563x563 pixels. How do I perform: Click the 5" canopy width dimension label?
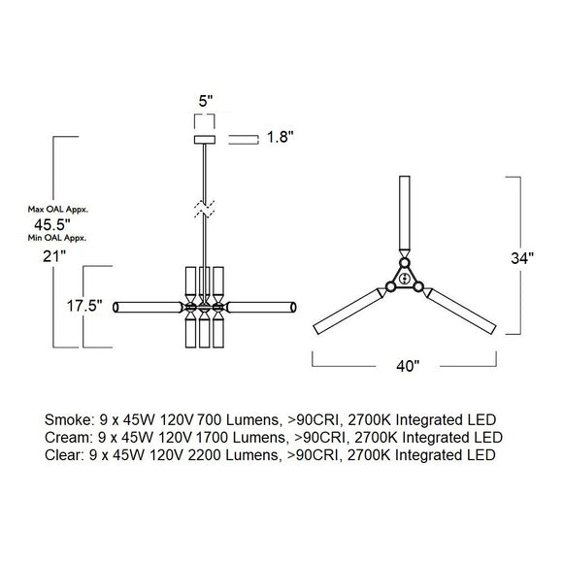206,101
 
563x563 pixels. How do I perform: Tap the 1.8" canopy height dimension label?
281,137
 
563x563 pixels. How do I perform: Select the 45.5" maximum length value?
51,225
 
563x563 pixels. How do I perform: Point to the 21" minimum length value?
54,256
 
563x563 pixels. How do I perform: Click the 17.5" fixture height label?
84,306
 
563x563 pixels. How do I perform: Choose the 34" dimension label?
522,258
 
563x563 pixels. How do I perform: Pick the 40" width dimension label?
408,366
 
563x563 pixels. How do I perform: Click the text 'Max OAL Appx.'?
58,210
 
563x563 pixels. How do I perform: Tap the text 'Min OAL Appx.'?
57,238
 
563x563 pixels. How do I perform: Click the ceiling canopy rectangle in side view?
205,140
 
